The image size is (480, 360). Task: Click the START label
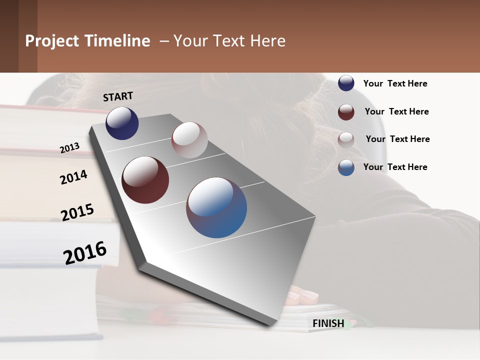(118, 96)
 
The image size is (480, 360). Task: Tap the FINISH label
(328, 323)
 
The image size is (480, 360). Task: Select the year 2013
(70, 147)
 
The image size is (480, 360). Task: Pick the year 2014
(73, 177)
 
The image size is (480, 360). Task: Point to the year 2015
(77, 212)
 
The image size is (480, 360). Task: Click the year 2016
(85, 252)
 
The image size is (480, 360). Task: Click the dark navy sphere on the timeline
(122, 123)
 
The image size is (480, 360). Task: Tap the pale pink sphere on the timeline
(189, 140)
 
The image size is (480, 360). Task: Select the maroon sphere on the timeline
(145, 180)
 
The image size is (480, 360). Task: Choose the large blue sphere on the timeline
(216, 207)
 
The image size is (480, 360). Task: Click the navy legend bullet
(346, 83)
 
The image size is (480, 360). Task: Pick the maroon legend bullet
(346, 112)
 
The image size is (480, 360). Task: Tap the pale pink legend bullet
(346, 140)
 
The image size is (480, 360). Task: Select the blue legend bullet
(346, 167)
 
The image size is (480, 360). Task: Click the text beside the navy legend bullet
(395, 83)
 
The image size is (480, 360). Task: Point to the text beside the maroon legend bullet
(396, 111)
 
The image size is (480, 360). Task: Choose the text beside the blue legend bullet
(395, 167)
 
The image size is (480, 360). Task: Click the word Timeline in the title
(117, 41)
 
